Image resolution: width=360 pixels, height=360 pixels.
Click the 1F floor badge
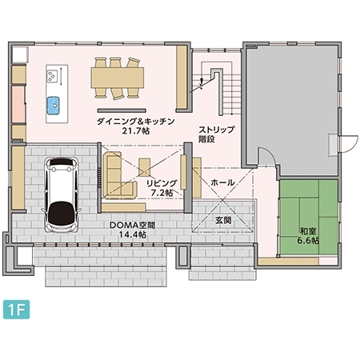pos(16,308)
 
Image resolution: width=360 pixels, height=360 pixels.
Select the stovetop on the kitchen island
pos(54,77)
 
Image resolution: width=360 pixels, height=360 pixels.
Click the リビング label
pos(158,182)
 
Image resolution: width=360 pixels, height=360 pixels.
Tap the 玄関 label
pos(223,220)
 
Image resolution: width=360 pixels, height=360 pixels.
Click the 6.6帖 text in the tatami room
pos(308,240)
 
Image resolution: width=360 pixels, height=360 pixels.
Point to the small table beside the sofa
pos(144,168)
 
